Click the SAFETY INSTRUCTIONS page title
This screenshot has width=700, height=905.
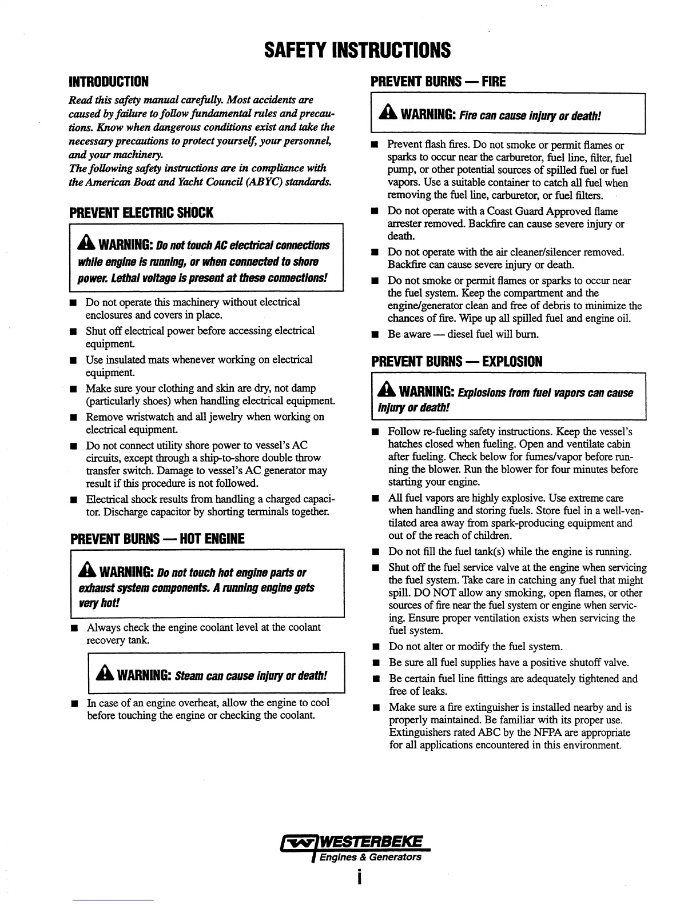point(357,50)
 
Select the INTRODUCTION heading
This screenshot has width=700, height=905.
point(109,81)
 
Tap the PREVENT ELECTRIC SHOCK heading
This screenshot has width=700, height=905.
point(141,213)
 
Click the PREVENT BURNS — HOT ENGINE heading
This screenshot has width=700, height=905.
point(157,539)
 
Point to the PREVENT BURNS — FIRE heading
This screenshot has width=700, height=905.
point(438,81)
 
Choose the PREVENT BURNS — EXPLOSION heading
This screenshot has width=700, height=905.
point(456,361)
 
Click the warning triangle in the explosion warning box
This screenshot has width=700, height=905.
point(387,393)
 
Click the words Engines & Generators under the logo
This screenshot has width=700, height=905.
point(370,856)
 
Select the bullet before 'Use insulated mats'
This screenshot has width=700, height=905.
point(73,361)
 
